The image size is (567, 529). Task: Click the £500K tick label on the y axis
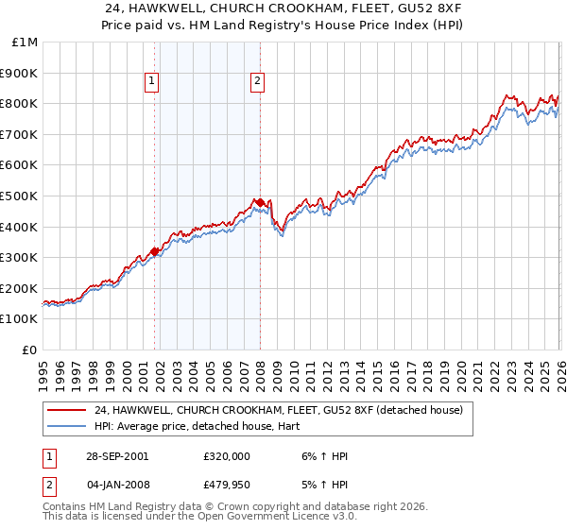coord(21,196)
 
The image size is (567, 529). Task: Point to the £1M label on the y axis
coord(26,42)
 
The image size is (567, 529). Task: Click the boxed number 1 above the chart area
coord(151,82)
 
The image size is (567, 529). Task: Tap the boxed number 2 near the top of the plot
coord(257,82)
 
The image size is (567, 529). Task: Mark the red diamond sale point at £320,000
coord(155,251)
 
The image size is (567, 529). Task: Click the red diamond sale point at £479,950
coord(260,202)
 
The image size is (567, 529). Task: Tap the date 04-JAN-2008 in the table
coord(113,485)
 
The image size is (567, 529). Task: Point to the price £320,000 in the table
coord(227,456)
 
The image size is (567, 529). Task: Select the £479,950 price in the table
coord(227,485)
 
